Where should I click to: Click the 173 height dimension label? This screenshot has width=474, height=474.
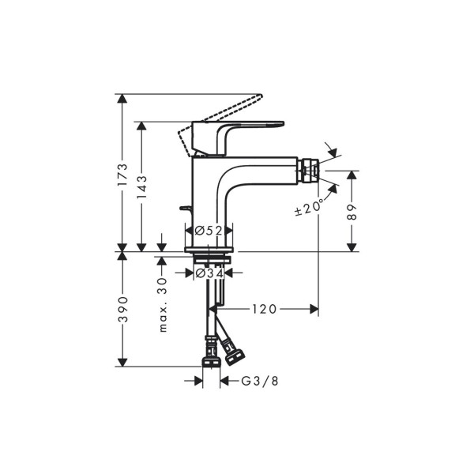[x=122, y=175]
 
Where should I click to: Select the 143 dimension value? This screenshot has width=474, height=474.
[x=141, y=187]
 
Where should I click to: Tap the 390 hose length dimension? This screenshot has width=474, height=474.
[x=122, y=309]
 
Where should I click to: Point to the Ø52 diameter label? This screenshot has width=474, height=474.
[x=209, y=231]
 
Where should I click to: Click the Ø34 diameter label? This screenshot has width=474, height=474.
[x=209, y=273]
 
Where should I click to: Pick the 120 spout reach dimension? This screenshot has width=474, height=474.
[x=264, y=309]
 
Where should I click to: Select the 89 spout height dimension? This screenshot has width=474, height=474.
[x=352, y=213]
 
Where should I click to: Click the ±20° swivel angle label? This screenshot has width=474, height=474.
[x=308, y=208]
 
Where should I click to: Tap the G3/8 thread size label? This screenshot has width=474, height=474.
[x=260, y=382]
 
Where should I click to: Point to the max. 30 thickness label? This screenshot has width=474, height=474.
[x=163, y=305]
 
